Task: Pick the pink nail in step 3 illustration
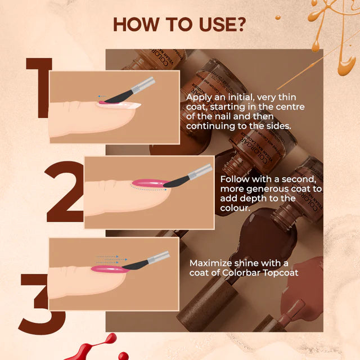pos(107,269)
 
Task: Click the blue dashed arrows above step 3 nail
pos(107,259)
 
